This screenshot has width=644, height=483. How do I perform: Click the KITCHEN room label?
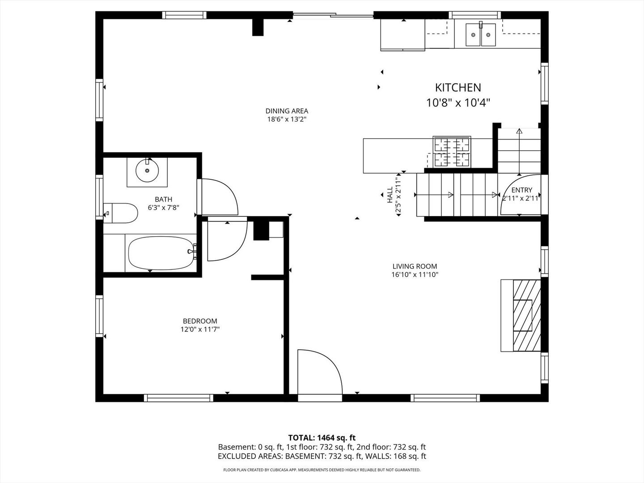pyautogui.click(x=458, y=88)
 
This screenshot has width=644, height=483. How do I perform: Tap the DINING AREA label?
pyautogui.click(x=287, y=111)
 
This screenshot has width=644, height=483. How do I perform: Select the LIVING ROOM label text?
pyautogui.click(x=415, y=267)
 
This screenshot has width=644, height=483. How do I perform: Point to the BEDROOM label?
pyautogui.click(x=200, y=321)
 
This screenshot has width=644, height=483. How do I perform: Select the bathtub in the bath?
pyautogui.click(x=160, y=253)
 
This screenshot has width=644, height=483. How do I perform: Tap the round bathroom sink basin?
pyautogui.click(x=147, y=170)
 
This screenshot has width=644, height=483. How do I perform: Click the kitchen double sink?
pyautogui.click(x=481, y=34)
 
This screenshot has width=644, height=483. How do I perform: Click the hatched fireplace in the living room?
pyautogui.click(x=526, y=315)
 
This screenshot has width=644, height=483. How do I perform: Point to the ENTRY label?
pyautogui.click(x=521, y=190)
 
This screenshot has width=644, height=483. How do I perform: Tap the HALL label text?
pyautogui.click(x=390, y=195)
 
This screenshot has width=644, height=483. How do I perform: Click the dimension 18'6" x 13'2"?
pyautogui.click(x=287, y=119)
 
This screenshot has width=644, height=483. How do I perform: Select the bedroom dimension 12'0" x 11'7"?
pyautogui.click(x=200, y=330)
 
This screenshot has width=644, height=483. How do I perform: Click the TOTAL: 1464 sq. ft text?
pyautogui.click(x=322, y=438)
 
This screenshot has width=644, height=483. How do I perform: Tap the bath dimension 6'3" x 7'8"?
pyautogui.click(x=163, y=208)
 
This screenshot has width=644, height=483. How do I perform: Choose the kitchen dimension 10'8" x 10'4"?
pyautogui.click(x=458, y=103)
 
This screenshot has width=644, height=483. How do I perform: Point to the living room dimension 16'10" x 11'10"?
pyautogui.click(x=415, y=275)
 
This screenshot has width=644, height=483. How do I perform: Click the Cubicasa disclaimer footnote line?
pyautogui.click(x=322, y=470)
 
